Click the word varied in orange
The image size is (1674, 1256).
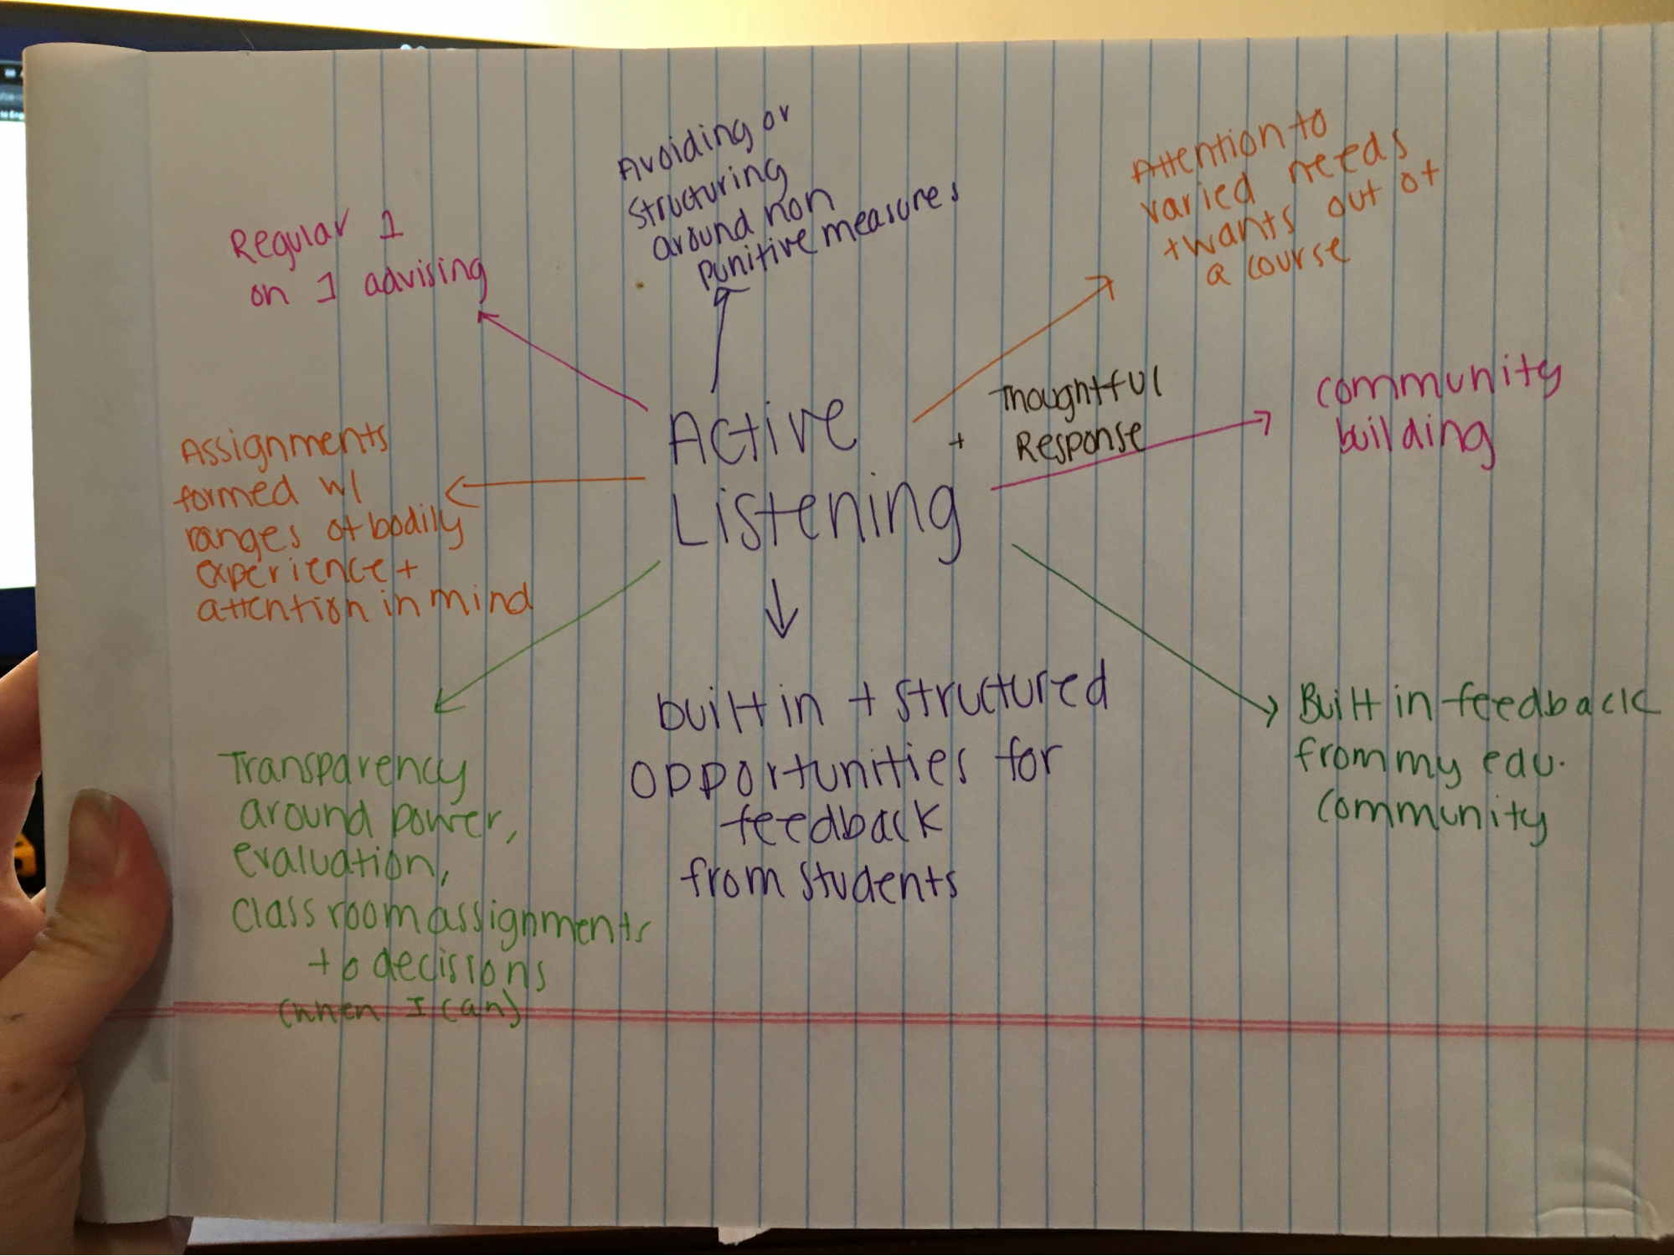pos(1198,198)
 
